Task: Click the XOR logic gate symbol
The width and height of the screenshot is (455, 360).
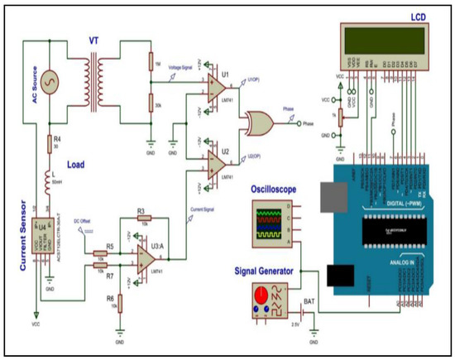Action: [x=258, y=124]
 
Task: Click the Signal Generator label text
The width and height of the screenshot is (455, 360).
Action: [x=267, y=269]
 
